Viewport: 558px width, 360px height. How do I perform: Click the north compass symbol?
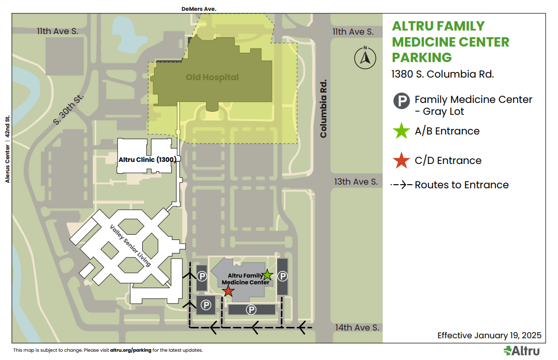tap(365, 57)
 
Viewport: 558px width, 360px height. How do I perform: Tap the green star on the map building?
tap(267, 275)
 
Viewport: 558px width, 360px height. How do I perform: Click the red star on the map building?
tap(228, 292)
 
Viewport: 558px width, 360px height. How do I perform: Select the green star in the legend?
tap(401, 131)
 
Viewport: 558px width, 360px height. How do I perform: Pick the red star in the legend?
tap(401, 161)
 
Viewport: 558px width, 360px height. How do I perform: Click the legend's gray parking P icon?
tap(402, 100)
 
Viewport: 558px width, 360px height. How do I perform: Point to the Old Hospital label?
tap(213, 78)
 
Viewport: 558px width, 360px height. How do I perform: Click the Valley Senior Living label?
tap(130, 246)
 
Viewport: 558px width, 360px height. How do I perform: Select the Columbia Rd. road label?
tap(324, 108)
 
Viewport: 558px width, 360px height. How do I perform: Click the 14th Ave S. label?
tap(357, 327)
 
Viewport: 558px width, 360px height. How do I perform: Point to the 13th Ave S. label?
tap(356, 182)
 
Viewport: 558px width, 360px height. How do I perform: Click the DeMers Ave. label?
tap(199, 9)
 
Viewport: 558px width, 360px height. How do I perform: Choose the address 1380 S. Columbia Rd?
tap(443, 74)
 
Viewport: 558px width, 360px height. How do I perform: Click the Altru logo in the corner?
tap(522, 351)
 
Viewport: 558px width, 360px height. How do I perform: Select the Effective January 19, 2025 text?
tap(489, 335)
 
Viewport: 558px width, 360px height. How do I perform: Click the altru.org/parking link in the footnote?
tap(131, 350)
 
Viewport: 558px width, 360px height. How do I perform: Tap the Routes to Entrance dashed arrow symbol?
tap(401, 185)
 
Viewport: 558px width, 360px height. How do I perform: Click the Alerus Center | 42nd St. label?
tap(8, 149)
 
